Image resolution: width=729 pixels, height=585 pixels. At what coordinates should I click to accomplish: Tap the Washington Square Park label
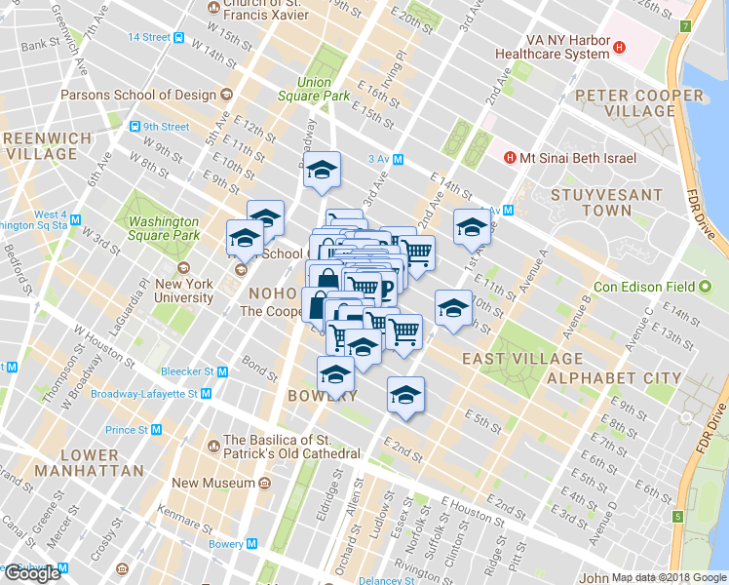pos(164,228)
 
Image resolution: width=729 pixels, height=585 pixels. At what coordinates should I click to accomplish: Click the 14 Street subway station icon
pos(179,37)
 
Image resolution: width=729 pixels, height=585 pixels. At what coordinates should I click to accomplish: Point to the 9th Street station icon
pos(134,127)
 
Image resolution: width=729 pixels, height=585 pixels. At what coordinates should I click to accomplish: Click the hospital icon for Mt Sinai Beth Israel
pos(509,158)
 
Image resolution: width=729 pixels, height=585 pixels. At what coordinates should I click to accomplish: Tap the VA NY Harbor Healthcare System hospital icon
pos(621,46)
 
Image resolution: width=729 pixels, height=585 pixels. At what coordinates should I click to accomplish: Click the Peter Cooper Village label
pos(638,102)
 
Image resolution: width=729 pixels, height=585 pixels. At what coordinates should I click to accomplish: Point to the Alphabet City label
pos(614,377)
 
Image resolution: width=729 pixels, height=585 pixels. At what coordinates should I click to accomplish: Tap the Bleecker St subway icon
pos(222,371)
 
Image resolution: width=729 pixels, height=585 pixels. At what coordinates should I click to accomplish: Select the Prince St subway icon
pos(155,429)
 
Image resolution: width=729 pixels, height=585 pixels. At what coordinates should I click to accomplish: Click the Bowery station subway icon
pos(251,543)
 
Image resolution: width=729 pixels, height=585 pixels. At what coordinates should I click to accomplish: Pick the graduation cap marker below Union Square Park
pos(320,172)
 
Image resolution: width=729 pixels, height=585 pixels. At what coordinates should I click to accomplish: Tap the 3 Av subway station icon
pos(398,159)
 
